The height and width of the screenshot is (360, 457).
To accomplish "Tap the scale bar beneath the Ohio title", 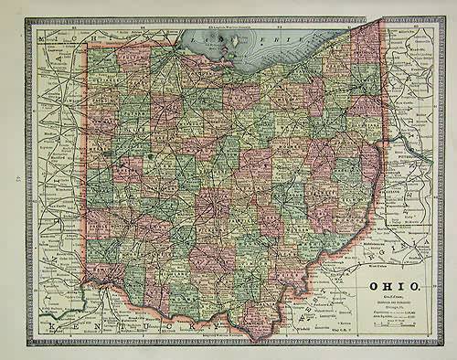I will pos(395,326).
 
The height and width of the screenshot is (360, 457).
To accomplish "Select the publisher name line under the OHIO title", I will pos(394,295).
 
